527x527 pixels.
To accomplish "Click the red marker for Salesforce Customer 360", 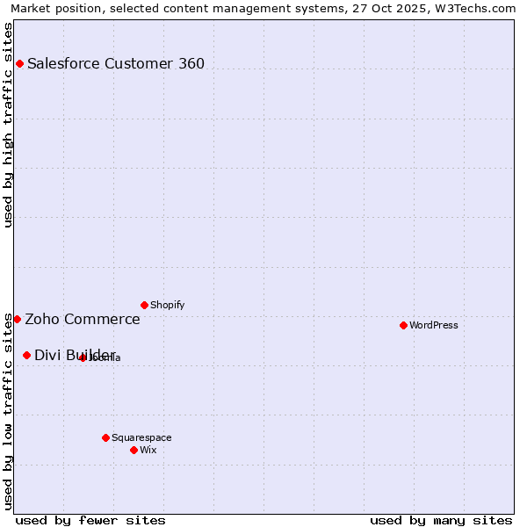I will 19,63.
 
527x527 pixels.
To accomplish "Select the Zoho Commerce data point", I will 17,319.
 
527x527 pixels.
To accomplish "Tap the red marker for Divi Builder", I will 26,355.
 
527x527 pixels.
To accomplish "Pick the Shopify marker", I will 144,305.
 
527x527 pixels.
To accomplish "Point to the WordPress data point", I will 403,325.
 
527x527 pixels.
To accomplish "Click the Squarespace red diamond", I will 105,437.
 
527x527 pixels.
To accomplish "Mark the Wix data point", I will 134,450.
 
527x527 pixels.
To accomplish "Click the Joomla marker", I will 83,357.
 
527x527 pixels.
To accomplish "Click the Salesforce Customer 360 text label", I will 116,63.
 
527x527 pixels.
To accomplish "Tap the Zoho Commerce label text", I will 83,319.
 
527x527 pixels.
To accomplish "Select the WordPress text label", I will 434,325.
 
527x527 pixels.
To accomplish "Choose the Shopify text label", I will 168,305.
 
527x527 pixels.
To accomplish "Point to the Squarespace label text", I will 141,437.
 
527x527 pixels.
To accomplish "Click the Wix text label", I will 148,450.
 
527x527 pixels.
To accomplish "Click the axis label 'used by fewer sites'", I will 90,520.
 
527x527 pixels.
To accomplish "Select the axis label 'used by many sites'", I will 441,520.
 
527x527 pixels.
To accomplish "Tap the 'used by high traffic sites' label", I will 8,125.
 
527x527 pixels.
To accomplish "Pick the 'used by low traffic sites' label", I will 8,411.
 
